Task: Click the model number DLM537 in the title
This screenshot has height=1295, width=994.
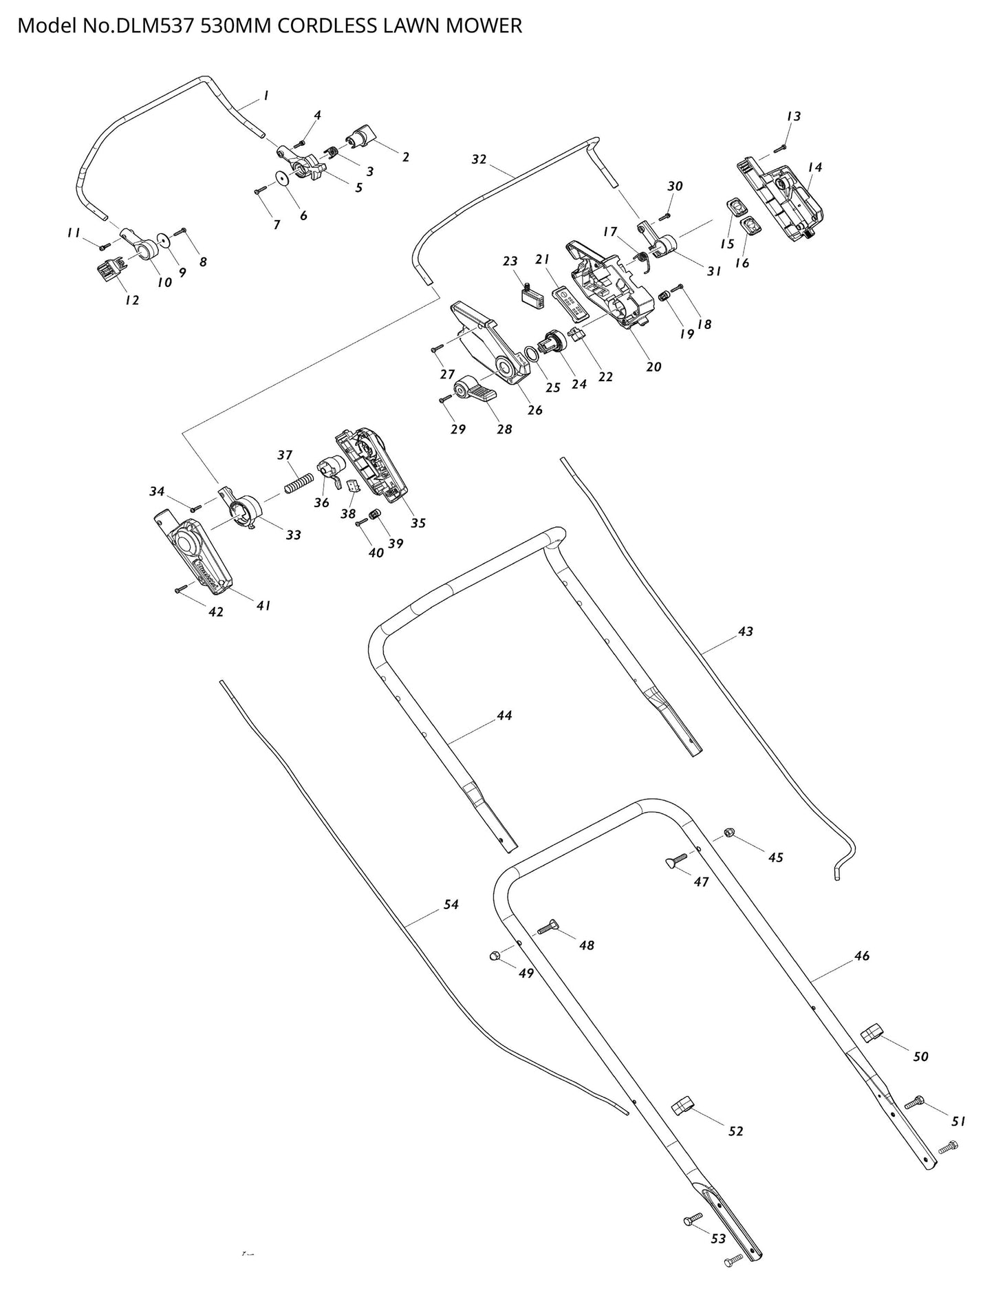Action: coord(149,26)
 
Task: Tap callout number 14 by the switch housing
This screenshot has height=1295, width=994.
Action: coord(815,167)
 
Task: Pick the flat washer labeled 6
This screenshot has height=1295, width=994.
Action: coord(281,179)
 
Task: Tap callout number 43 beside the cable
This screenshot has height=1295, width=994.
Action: coord(746,631)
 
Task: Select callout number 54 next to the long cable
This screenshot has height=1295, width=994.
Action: coord(451,905)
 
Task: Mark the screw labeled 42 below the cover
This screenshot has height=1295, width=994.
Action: coord(181,589)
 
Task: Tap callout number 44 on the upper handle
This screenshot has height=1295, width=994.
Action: coord(504,716)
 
